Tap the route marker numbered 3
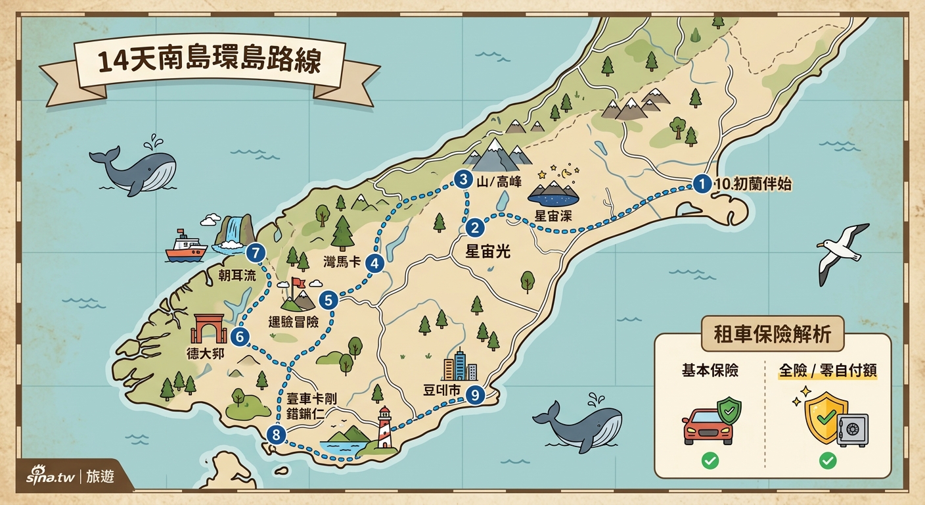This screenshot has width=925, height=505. pos(464,179)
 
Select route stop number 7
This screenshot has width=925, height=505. pos(255,252)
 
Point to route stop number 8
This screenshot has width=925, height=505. pos(277,434)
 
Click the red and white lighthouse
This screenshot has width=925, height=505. pos(384,427)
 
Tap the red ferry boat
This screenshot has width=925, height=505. pos(186,247)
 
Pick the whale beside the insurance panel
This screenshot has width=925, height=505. pos(579,424)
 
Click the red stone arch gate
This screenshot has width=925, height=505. pos(208,328)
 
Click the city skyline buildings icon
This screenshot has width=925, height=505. pos(459,366)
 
